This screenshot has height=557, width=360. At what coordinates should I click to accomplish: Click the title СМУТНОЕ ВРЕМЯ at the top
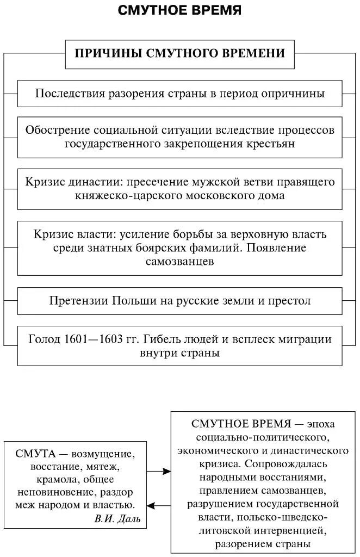pos(179,10)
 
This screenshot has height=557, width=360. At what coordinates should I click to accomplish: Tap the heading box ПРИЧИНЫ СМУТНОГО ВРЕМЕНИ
pos(179,53)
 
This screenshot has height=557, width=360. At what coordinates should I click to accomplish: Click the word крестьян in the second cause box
pos(271,144)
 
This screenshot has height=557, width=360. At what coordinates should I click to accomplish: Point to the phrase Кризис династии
pos(65,182)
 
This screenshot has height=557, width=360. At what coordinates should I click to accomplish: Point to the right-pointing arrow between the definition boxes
pos(159,471)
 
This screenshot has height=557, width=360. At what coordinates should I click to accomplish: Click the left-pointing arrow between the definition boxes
pos(159,506)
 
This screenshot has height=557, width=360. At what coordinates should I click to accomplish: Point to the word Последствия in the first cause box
pos(67,93)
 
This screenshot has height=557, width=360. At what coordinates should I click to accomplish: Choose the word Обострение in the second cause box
pos(57,131)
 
